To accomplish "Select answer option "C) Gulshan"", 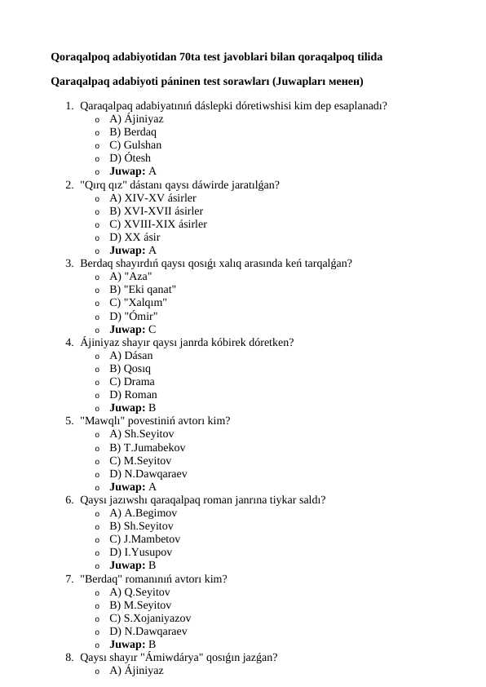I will pyautogui.click(x=135, y=145).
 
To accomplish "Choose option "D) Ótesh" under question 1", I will pyautogui.click(x=130, y=158).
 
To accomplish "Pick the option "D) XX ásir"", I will pyautogui.click(x=135, y=237).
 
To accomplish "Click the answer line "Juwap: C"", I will pyautogui.click(x=133, y=330).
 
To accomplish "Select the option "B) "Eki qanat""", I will pyautogui.click(x=143, y=290).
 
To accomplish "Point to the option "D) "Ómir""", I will pyautogui.click(x=134, y=316).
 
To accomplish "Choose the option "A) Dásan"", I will pyautogui.click(x=130, y=356).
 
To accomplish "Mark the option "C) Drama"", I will pyautogui.click(x=132, y=382).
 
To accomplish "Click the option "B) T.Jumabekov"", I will pyautogui.click(x=147, y=448).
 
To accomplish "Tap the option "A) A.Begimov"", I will pyautogui.click(x=143, y=513).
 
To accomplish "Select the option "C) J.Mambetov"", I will pyautogui.click(x=144, y=539).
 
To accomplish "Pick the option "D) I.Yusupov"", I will pyautogui.click(x=140, y=552).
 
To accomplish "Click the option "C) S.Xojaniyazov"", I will pyautogui.click(x=150, y=618).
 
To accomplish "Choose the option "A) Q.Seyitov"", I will pyautogui.click(x=139, y=592).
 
